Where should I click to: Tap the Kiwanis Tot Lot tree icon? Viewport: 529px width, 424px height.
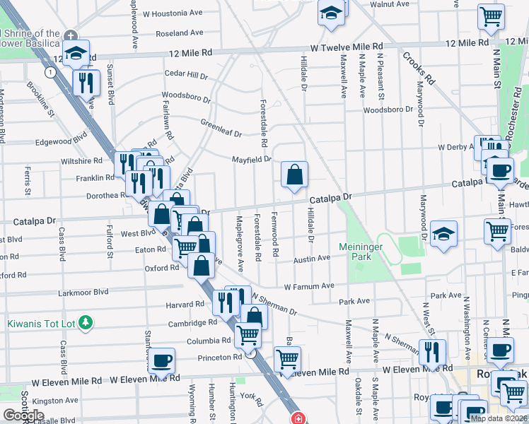86,323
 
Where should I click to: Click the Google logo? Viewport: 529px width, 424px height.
23,415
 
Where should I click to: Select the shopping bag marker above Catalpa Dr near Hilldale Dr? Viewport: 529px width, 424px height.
294,174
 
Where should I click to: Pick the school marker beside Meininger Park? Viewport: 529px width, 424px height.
443,233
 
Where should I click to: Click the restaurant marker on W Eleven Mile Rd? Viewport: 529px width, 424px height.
431,351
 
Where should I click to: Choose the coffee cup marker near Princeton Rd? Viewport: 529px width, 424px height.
162,360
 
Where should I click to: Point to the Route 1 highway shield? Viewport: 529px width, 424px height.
49,72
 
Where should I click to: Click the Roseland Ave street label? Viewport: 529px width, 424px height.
180,33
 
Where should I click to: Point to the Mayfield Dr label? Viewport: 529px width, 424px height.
252,159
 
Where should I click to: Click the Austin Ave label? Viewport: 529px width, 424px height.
312,259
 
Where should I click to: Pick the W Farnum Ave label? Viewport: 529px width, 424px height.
309,286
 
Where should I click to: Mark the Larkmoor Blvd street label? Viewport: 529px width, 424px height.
83,291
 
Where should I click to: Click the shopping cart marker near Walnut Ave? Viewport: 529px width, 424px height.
491,16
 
